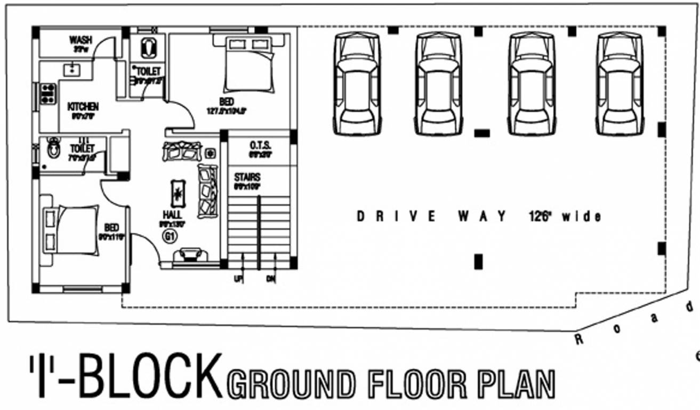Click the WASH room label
point(81,40)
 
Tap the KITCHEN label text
point(83,107)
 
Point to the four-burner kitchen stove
point(47,94)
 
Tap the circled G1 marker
point(171,237)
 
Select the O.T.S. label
point(260,146)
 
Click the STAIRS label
point(247,177)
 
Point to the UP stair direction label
point(238,278)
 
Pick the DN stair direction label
point(270,278)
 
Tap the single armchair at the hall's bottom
point(189,254)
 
